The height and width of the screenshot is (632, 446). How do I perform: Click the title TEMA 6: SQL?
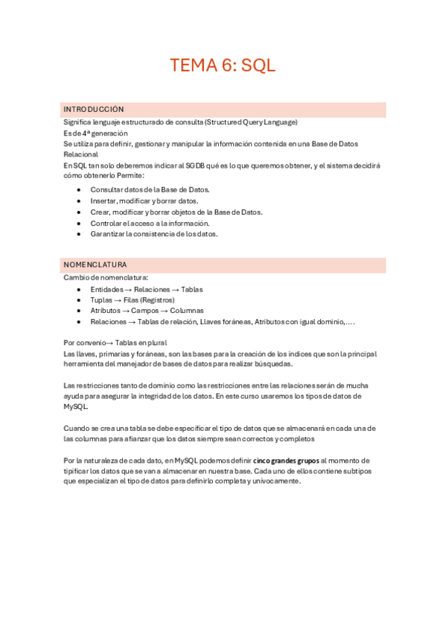pyautogui.click(x=223, y=65)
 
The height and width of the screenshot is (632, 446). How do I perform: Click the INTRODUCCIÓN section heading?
pyautogui.click(x=94, y=109)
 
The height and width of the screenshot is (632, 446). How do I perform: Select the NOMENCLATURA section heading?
pyautogui.click(x=95, y=265)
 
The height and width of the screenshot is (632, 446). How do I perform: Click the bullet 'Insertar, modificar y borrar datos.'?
pyautogui.click(x=144, y=201)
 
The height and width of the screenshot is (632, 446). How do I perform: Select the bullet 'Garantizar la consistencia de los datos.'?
pyautogui.click(x=154, y=234)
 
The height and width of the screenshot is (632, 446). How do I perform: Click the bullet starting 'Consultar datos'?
pyautogui.click(x=150, y=190)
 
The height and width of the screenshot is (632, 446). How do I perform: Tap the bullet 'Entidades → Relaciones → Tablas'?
pyautogui.click(x=147, y=289)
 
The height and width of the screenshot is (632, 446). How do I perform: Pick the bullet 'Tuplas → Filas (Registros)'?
pyautogui.click(x=133, y=300)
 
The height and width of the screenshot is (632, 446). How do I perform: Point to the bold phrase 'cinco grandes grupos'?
pyautogui.click(x=286, y=461)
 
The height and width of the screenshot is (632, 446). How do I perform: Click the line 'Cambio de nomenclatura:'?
pyautogui.click(x=106, y=277)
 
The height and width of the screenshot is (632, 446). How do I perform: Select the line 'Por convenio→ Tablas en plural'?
pyautogui.click(x=115, y=342)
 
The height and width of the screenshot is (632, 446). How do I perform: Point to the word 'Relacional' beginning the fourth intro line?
pyautogui.click(x=81, y=154)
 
